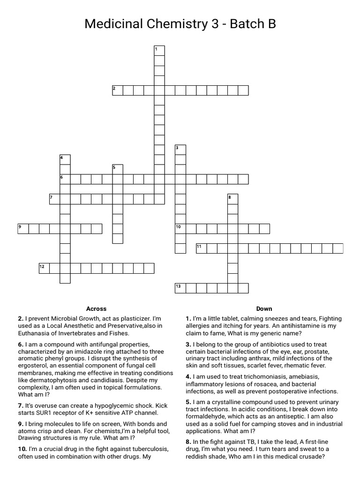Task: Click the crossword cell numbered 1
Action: [159, 51]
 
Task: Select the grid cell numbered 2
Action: [118, 90]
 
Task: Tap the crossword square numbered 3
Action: [180, 150]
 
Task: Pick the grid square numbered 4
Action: [65, 160]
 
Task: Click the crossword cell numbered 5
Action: [117, 169]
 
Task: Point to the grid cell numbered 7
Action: [54, 199]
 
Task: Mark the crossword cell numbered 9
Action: [23, 229]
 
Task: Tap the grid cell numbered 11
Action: [202, 248]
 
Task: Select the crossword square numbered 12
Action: [45, 268]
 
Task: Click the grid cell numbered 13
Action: [180, 288]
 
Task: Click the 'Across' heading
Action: [96, 309]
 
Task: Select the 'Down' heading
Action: [264, 309]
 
